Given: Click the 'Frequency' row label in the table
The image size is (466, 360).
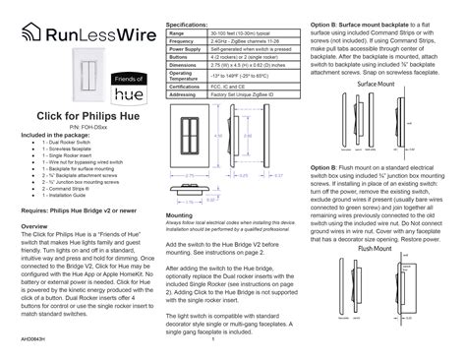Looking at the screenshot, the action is coord(185,42).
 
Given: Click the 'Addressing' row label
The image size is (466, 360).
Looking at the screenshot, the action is coord(186,94).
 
